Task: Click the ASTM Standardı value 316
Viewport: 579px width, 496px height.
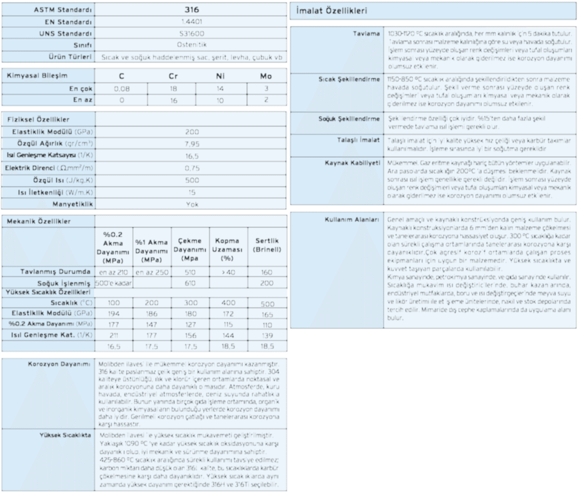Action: click(x=192, y=9)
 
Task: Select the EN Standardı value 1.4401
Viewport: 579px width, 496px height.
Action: click(x=191, y=22)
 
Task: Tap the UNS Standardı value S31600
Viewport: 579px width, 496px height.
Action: click(x=191, y=34)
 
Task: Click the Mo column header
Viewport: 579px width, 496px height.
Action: click(x=266, y=76)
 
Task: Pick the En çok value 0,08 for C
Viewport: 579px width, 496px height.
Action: click(x=121, y=89)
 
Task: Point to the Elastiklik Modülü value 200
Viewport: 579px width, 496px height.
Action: click(x=192, y=132)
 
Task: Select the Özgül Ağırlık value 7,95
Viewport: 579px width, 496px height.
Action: click(x=192, y=144)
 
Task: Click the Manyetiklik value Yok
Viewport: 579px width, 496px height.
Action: click(x=192, y=205)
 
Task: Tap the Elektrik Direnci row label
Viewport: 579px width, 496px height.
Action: click(x=49, y=167)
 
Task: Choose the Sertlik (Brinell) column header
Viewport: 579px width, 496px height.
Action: click(x=267, y=245)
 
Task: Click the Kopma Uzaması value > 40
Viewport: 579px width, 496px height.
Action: click(x=227, y=272)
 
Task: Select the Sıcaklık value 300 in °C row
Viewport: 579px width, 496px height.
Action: click(x=190, y=303)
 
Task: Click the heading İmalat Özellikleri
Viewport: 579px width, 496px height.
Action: click(x=332, y=11)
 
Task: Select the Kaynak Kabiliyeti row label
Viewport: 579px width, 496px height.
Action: click(x=352, y=163)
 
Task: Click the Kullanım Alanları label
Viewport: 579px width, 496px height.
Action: click(x=352, y=220)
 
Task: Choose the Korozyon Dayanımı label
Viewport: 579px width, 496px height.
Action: click(x=59, y=364)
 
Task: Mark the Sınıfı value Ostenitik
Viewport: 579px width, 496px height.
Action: click(x=191, y=45)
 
